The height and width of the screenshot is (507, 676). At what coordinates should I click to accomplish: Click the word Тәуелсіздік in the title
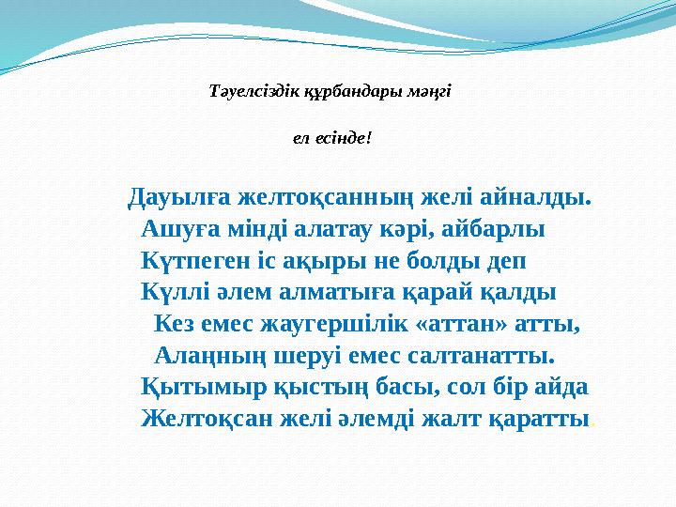[x=244, y=92]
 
